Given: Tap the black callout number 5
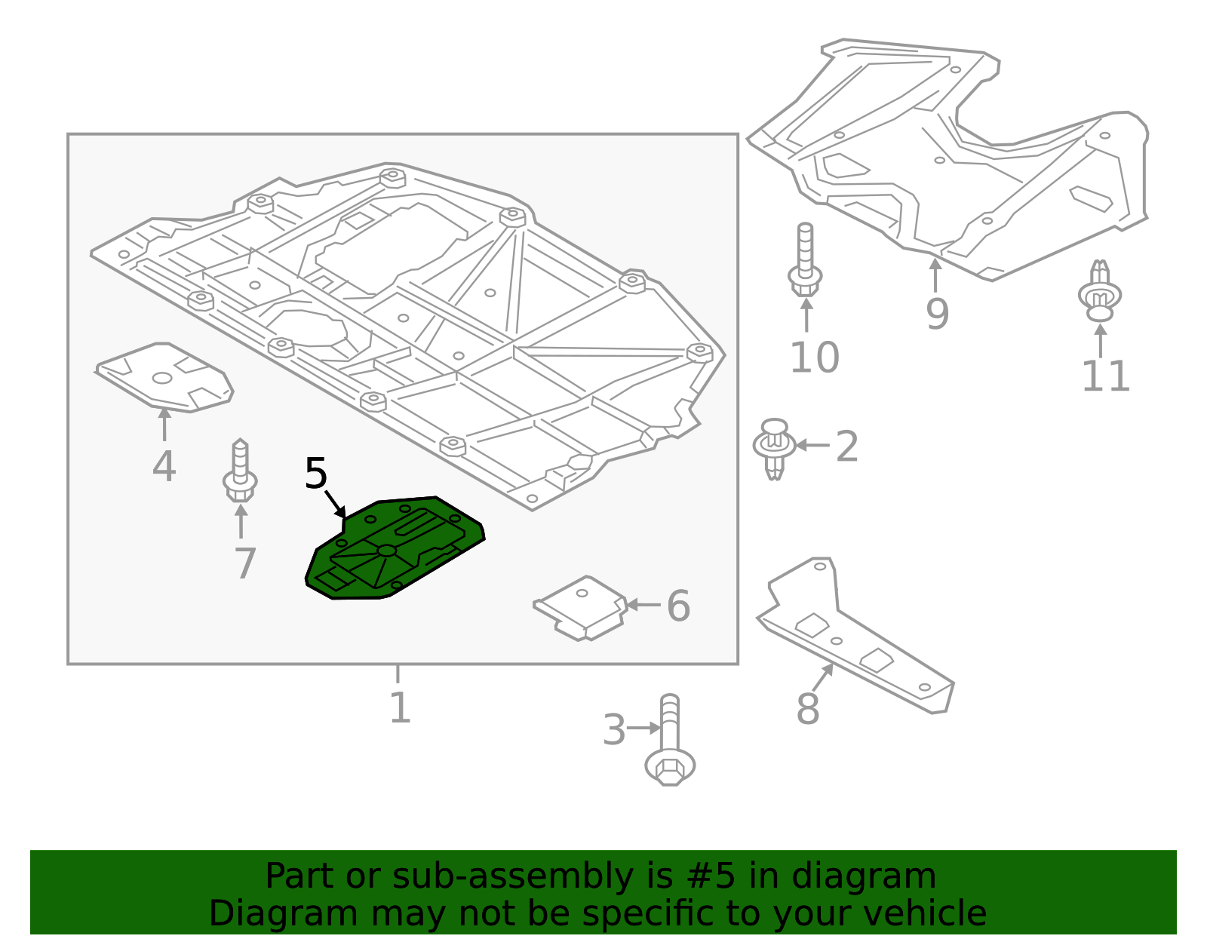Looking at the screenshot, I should point(316,474).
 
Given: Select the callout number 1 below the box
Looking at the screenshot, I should point(399,708).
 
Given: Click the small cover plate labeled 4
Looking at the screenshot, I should point(164,377).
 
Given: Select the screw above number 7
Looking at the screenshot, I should point(240,472).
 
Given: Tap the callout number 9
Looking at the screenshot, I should point(937,315).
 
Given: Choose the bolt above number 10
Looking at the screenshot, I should point(805,260).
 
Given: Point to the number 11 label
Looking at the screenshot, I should point(1105,376).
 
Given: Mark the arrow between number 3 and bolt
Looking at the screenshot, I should point(643,728).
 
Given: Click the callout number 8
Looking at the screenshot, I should point(807,710).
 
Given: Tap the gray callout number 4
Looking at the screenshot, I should point(164,466).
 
